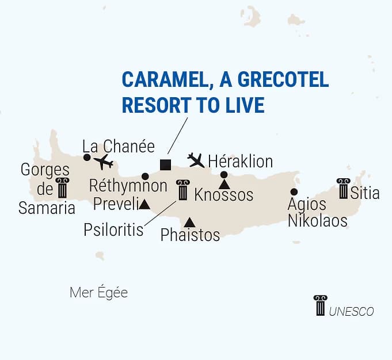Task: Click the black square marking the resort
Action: click(x=165, y=164)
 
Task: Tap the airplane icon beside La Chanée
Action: click(x=104, y=162)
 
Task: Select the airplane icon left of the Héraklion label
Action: click(x=196, y=160)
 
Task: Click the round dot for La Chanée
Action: click(x=87, y=157)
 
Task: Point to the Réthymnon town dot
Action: click(x=145, y=176)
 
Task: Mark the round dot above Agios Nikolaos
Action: click(x=294, y=192)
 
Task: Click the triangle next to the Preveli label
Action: click(x=145, y=204)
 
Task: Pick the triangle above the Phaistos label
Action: click(x=189, y=222)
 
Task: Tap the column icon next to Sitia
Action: click(x=344, y=189)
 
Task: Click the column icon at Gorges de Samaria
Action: click(x=62, y=188)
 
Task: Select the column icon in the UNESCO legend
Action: click(x=320, y=305)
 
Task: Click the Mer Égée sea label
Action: click(x=98, y=293)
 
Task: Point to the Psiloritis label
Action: click(x=113, y=229)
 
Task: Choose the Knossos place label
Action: click(x=223, y=195)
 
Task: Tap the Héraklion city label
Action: click(x=240, y=160)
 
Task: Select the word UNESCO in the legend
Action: click(x=352, y=312)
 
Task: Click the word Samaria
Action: click(x=47, y=208)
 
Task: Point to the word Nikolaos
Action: click(x=318, y=220)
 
